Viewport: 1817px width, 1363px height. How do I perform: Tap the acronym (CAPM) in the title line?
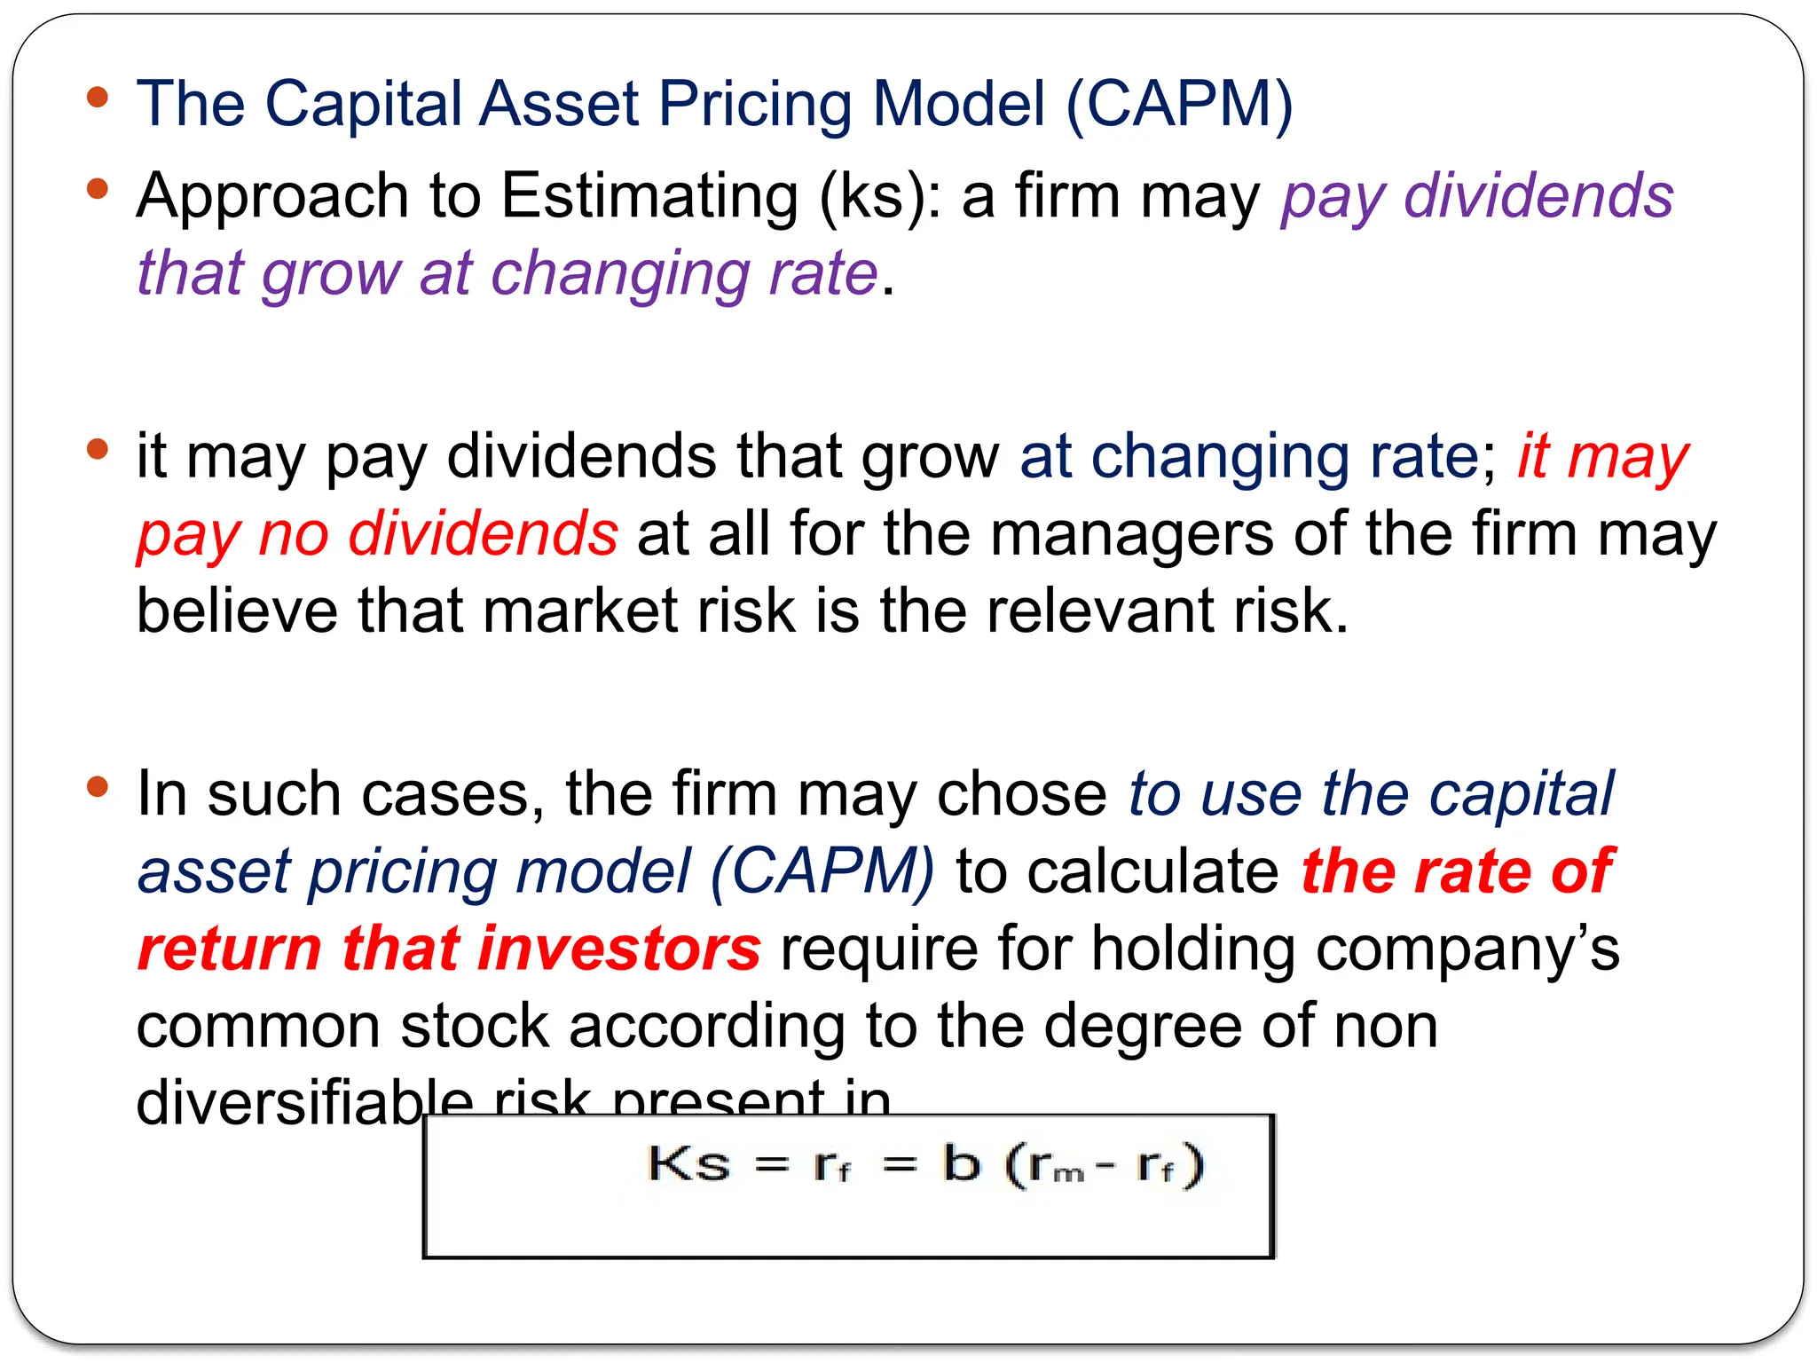tap(1179, 105)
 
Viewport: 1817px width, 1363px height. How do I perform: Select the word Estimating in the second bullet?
tap(649, 196)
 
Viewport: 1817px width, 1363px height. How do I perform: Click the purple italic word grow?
tap(332, 274)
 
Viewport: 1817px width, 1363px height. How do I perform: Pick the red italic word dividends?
tap(484, 534)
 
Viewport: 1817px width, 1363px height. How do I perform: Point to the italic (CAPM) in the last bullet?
tap(822, 871)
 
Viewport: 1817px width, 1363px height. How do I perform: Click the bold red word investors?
tap(618, 949)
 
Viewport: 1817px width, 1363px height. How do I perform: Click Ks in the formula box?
tap(688, 1163)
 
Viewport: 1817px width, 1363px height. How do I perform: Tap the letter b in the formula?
tap(961, 1163)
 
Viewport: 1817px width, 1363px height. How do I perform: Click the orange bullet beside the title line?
tap(98, 98)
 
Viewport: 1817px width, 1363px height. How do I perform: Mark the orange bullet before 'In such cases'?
tap(98, 787)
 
